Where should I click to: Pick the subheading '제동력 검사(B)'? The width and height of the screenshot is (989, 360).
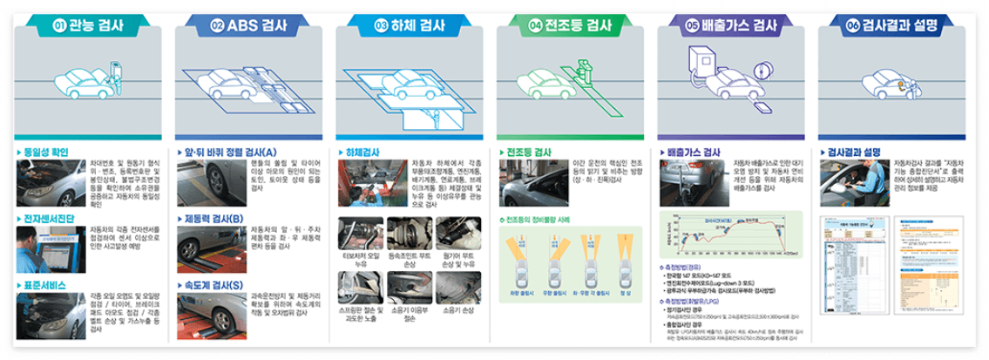coord(213,218)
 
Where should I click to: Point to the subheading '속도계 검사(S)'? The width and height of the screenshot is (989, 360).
coord(213,285)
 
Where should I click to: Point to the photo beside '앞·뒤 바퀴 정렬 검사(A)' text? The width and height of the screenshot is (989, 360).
coord(210,179)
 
